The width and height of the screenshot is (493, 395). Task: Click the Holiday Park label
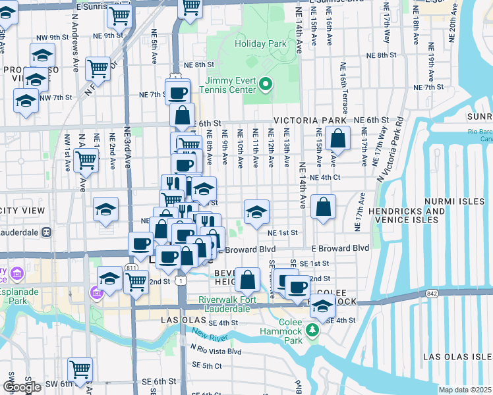pos(261,44)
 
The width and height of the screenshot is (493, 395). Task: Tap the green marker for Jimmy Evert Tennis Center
pos(266,84)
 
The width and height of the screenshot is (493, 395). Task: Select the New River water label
pos(210,337)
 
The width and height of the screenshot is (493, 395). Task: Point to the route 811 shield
pos(132,269)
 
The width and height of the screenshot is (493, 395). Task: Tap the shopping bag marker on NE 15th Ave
pos(337,139)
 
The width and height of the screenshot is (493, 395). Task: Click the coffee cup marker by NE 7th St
pos(177,93)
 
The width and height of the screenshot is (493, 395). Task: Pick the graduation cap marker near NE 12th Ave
pos(256,211)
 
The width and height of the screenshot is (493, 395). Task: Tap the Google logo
pos(22,387)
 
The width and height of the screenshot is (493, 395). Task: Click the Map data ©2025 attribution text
pos(465,390)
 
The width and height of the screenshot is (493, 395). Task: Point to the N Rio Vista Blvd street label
pos(216,352)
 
